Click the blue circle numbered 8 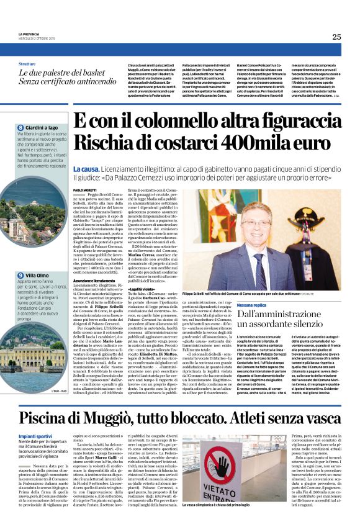[20, 127]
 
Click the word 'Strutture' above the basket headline [27, 64]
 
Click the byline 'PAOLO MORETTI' [86, 189]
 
